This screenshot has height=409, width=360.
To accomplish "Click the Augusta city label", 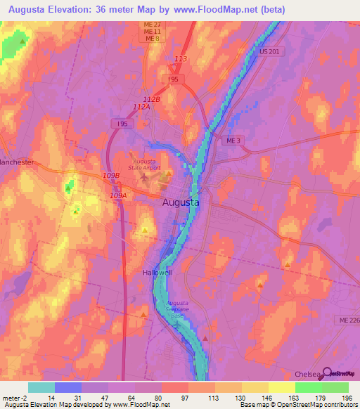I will pos(181,202).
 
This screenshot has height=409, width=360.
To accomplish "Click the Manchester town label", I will pos(17,162).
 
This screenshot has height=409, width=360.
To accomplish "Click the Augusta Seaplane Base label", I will pos(181,308).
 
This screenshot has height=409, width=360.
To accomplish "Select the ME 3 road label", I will pos(233,141).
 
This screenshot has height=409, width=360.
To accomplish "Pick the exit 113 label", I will pos(181,59).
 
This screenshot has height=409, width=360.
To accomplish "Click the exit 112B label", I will pos(152,100).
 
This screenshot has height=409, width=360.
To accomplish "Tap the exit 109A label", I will pos(118,196).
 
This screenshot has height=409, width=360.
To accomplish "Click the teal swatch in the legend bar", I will pos(41,387).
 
